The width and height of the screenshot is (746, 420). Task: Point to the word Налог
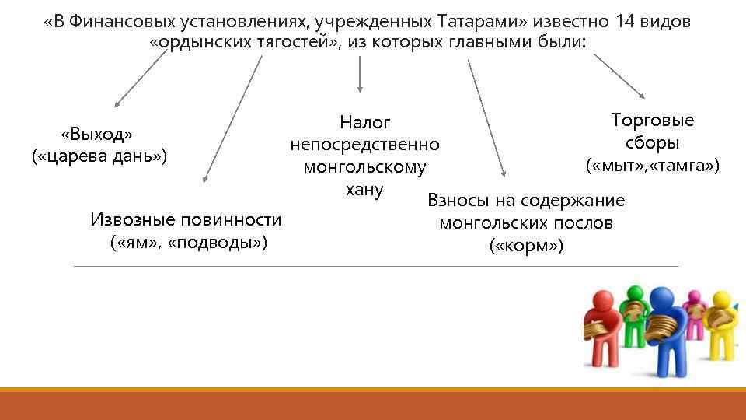point(364,122)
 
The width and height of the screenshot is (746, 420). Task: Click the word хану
point(364,189)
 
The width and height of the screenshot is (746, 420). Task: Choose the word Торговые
point(653,121)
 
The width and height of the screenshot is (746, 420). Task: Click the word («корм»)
point(526,247)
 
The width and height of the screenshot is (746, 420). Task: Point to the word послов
point(579,223)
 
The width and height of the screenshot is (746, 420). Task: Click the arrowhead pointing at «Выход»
point(117,103)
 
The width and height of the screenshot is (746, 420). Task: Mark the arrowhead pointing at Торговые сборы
point(641,95)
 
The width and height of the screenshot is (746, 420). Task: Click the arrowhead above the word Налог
point(359,89)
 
